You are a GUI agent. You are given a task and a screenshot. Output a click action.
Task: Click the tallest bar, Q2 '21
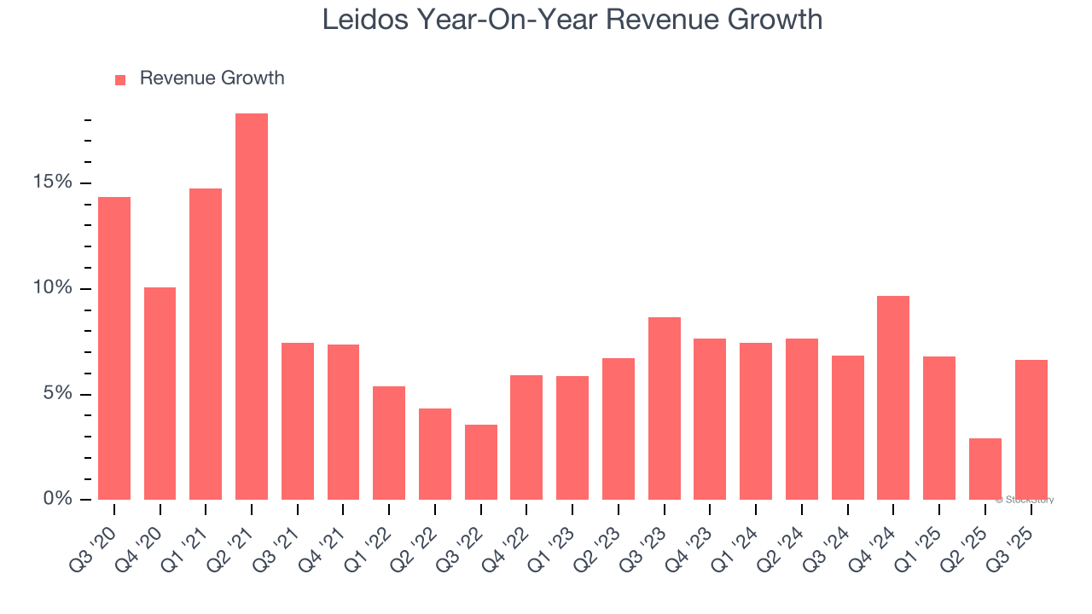click(252, 306)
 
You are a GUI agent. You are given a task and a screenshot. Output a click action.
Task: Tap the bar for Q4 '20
click(160, 393)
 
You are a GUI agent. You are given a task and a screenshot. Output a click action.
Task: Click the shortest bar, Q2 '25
click(985, 468)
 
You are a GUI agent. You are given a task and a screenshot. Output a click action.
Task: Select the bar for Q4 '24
click(893, 397)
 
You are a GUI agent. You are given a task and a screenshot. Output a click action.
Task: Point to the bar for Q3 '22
click(480, 461)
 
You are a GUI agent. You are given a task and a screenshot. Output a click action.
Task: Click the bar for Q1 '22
click(389, 443)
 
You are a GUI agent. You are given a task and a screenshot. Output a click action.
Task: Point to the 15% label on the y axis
click(54, 182)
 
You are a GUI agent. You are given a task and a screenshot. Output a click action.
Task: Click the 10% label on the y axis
click(54, 288)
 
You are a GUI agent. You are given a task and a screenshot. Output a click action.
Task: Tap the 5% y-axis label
click(58, 394)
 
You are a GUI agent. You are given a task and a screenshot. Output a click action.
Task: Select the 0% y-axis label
click(58, 499)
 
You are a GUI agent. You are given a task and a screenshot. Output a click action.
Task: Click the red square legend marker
click(120, 79)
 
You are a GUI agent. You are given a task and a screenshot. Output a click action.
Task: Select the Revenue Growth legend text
click(212, 78)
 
